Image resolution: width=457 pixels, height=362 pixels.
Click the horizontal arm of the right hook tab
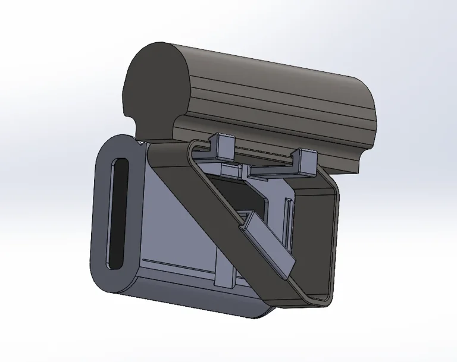[x=280, y=172]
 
